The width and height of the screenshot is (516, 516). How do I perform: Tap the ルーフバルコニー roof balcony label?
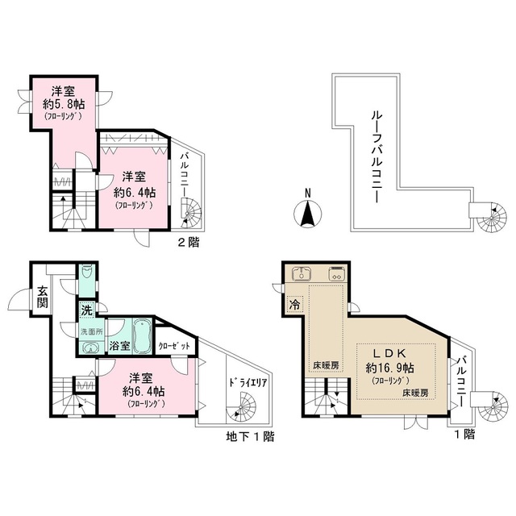[x=376, y=151]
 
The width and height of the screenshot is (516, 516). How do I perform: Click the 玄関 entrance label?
[x=42, y=297]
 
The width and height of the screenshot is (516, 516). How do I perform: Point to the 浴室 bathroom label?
[x=119, y=346]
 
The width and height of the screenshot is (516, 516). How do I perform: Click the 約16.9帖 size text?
[x=393, y=367]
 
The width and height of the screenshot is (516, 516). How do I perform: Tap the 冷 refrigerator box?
[x=295, y=306]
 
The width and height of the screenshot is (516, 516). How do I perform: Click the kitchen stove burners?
[x=335, y=274]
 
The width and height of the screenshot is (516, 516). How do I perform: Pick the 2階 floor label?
[x=190, y=240]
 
